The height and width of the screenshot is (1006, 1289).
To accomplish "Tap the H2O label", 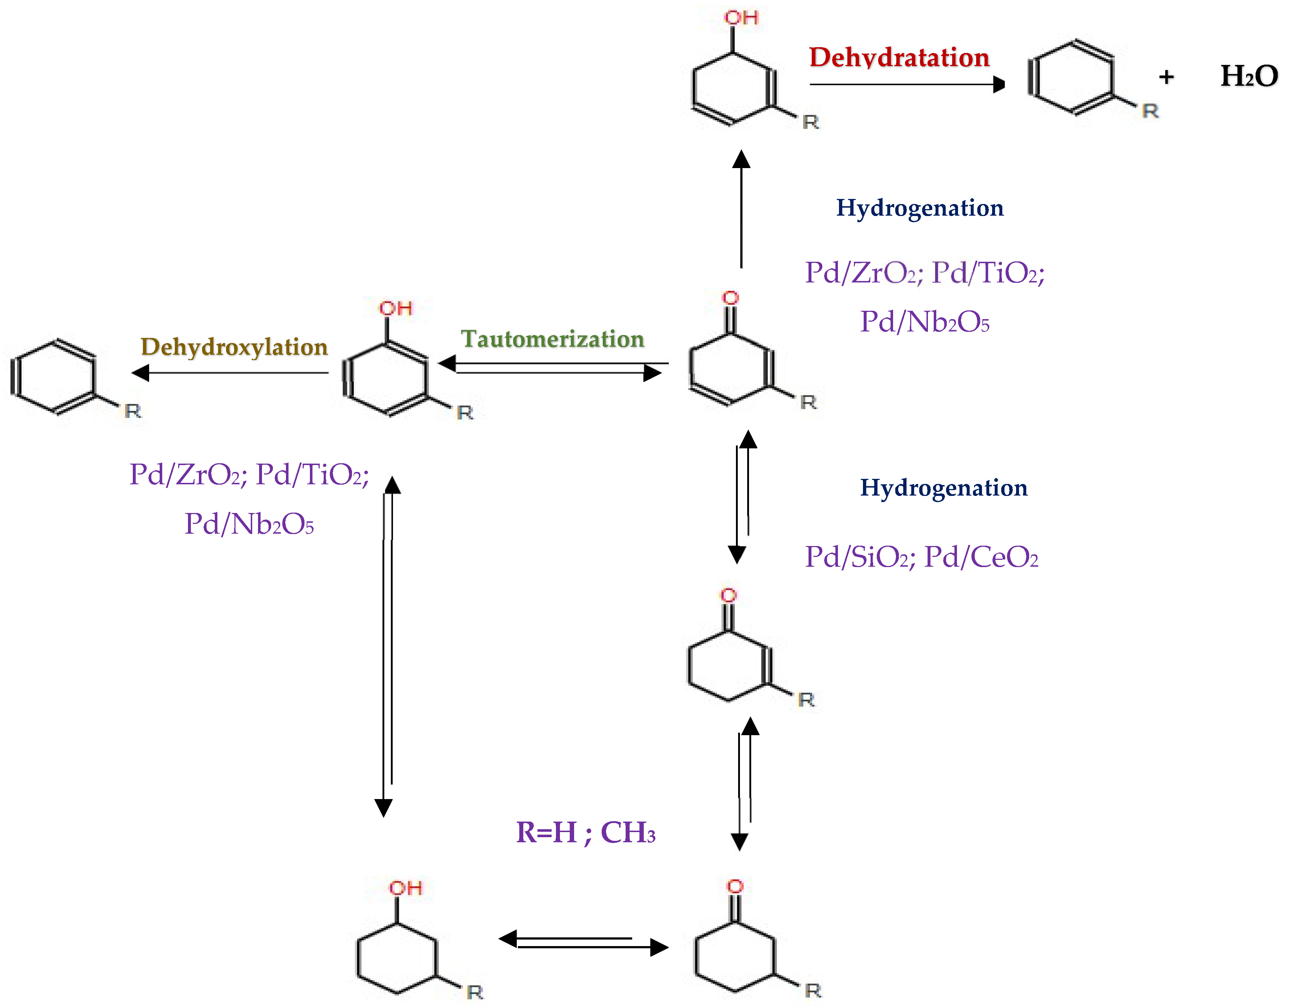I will click(1248, 77).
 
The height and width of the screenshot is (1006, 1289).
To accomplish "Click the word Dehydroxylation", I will click(234, 347).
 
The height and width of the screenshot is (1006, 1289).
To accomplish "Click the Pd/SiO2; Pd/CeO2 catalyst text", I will click(921, 557).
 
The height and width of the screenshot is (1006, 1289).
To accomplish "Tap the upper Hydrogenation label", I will click(920, 208).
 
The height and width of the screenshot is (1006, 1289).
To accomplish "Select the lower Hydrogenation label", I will click(943, 488).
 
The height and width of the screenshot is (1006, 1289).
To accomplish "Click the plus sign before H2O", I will click(1166, 77).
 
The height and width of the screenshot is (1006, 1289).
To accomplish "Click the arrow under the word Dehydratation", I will click(906, 85).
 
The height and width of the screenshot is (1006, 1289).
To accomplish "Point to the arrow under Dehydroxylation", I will click(230, 372).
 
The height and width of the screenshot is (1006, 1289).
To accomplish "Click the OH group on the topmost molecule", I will click(741, 18).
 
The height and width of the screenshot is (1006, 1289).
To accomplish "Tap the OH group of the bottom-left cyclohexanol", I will click(405, 888).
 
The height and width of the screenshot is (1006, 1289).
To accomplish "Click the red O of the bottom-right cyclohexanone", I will click(735, 886).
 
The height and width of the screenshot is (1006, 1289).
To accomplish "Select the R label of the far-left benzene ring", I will click(133, 411).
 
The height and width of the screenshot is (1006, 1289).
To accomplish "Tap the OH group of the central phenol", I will click(396, 308).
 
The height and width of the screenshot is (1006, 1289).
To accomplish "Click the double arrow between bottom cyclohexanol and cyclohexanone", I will click(583, 943).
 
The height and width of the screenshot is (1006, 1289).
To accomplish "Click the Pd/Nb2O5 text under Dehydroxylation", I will click(249, 524).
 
